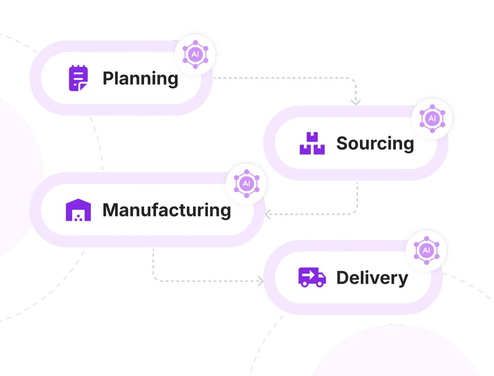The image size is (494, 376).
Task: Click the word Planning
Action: tap(140, 78)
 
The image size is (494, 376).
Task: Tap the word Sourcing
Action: tap(375, 143)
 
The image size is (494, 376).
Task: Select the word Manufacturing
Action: tap(166, 210)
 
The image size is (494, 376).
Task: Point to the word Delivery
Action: tap(372, 277)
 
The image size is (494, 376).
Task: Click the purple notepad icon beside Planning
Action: tap(78, 78)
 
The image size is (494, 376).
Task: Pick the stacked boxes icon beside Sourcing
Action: tap(312, 143)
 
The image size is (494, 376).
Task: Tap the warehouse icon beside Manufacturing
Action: tap(78, 210)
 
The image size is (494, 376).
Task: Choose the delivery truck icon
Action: tap(312, 277)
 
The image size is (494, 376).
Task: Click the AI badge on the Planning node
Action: tap(195, 54)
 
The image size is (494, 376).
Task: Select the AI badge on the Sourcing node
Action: tap(432, 118)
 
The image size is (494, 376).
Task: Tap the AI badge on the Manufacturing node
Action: tap(246, 183)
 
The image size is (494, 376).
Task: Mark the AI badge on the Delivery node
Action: tap(426, 250)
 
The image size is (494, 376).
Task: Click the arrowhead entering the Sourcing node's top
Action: tap(355, 102)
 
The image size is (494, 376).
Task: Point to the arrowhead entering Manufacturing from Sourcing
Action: tap(269, 214)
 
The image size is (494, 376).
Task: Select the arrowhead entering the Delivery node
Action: tap(260, 280)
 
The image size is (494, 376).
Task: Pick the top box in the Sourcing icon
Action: tap(312, 136)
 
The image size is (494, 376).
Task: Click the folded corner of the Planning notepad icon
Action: tap(83, 86)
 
